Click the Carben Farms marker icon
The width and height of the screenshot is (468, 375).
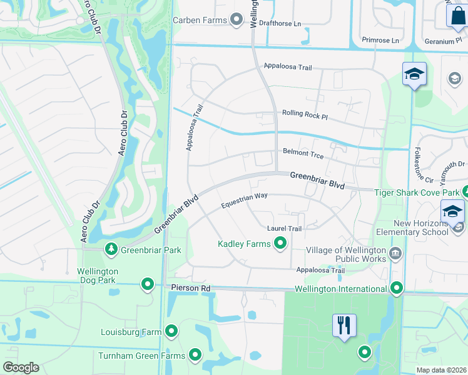point(237,21)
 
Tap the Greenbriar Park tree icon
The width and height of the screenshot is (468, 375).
point(111,250)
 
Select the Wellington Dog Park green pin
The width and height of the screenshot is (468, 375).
point(148,284)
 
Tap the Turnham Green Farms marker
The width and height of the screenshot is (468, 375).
point(195,356)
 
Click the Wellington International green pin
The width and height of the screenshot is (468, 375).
point(396,289)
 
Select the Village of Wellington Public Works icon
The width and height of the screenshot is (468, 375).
point(395,254)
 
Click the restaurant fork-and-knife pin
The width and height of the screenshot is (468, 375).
point(344,326)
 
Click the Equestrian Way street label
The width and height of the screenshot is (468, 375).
point(244,201)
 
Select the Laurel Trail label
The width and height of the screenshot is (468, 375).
point(284,229)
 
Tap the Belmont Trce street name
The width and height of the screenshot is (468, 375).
point(302,151)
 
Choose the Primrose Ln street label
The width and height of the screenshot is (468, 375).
point(380,41)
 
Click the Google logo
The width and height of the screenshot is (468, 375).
point(21,367)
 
